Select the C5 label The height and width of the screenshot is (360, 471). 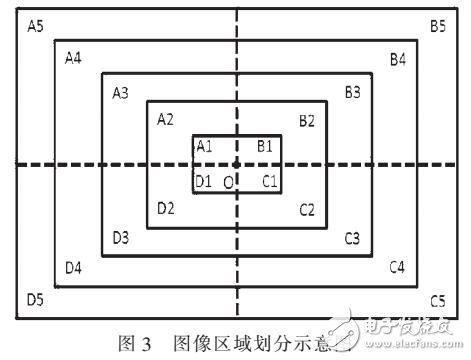tap(437, 300)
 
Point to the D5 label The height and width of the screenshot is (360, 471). tap(35, 299)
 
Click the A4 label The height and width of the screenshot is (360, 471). tap(72, 58)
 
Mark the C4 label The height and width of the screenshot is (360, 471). tap(397, 267)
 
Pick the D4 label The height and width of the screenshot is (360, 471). tap(73, 267)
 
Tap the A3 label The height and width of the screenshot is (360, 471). tap(120, 93)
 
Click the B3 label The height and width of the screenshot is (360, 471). tap(352, 92)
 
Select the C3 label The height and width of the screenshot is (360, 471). tap(352, 238)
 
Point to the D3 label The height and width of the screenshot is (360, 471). tap(120, 237)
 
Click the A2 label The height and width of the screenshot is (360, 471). tap(166, 119)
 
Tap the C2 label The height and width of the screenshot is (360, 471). tap(307, 209)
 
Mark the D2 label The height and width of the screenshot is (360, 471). tap(166, 208)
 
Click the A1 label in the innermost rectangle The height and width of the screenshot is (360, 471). tap(205, 146)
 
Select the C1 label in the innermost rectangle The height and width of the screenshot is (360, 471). tap(268, 180)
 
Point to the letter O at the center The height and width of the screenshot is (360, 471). tap(228, 181)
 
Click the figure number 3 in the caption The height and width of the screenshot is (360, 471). tap(144, 347)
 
